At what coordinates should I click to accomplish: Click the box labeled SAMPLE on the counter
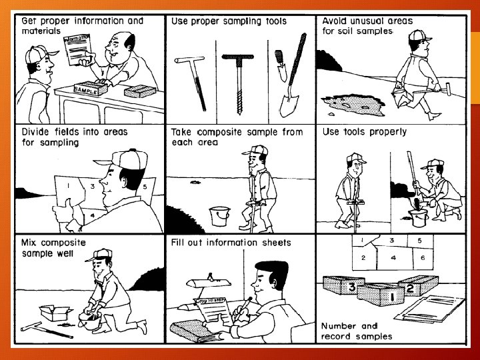(x=91, y=89)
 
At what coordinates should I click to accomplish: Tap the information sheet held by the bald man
(x=78, y=49)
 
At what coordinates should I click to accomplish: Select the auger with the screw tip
(x=239, y=83)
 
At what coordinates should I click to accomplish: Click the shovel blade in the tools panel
(x=289, y=105)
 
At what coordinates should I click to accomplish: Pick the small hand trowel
(x=281, y=65)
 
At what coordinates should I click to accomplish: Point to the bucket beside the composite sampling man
(x=219, y=216)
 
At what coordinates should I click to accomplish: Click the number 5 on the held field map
(x=145, y=187)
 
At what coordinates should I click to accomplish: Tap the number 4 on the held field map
(x=93, y=215)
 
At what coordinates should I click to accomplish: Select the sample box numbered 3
(x=344, y=285)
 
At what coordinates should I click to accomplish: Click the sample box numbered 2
(x=418, y=285)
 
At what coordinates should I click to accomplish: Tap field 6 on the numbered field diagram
(x=423, y=258)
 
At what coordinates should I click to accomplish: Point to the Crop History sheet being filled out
(x=213, y=311)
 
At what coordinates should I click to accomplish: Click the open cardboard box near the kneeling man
(x=56, y=313)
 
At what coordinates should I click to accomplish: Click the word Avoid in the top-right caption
(x=335, y=21)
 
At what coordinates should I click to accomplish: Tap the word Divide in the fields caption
(x=35, y=132)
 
